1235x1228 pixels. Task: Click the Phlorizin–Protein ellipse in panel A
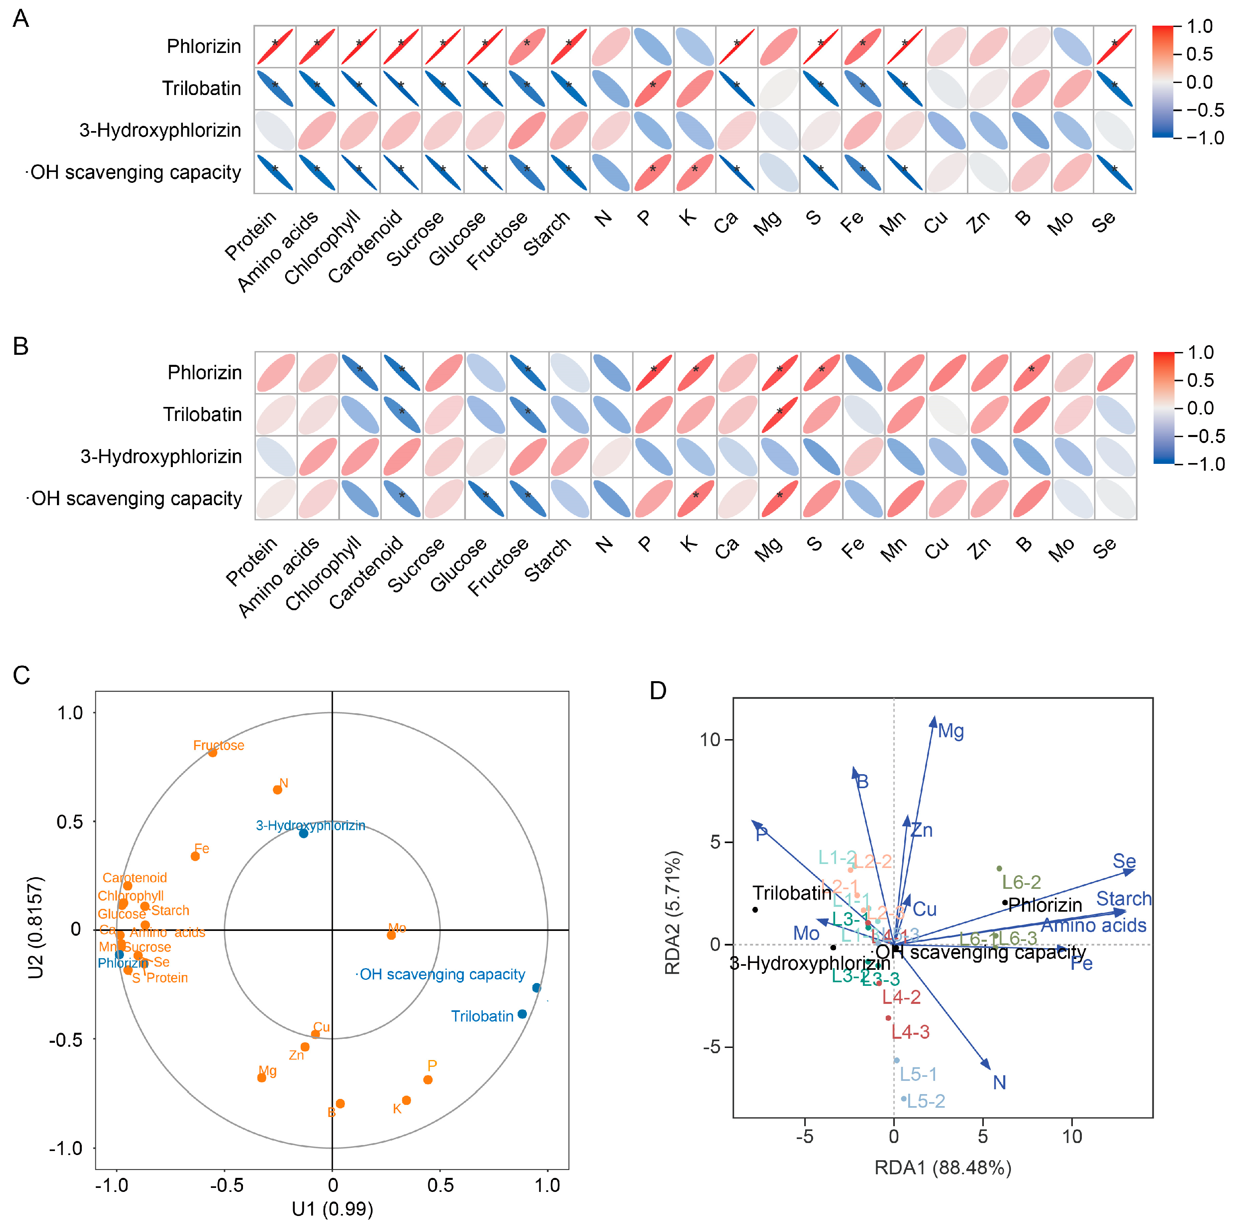coord(275,47)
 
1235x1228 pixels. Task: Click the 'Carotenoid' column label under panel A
coord(366,247)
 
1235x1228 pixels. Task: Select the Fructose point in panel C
coord(213,753)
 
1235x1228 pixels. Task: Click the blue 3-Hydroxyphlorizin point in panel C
coord(304,834)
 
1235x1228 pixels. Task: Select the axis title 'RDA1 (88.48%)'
coord(942,1168)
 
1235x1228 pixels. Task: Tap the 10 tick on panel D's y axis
coord(710,740)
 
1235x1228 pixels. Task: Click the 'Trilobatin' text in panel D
coord(792,893)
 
